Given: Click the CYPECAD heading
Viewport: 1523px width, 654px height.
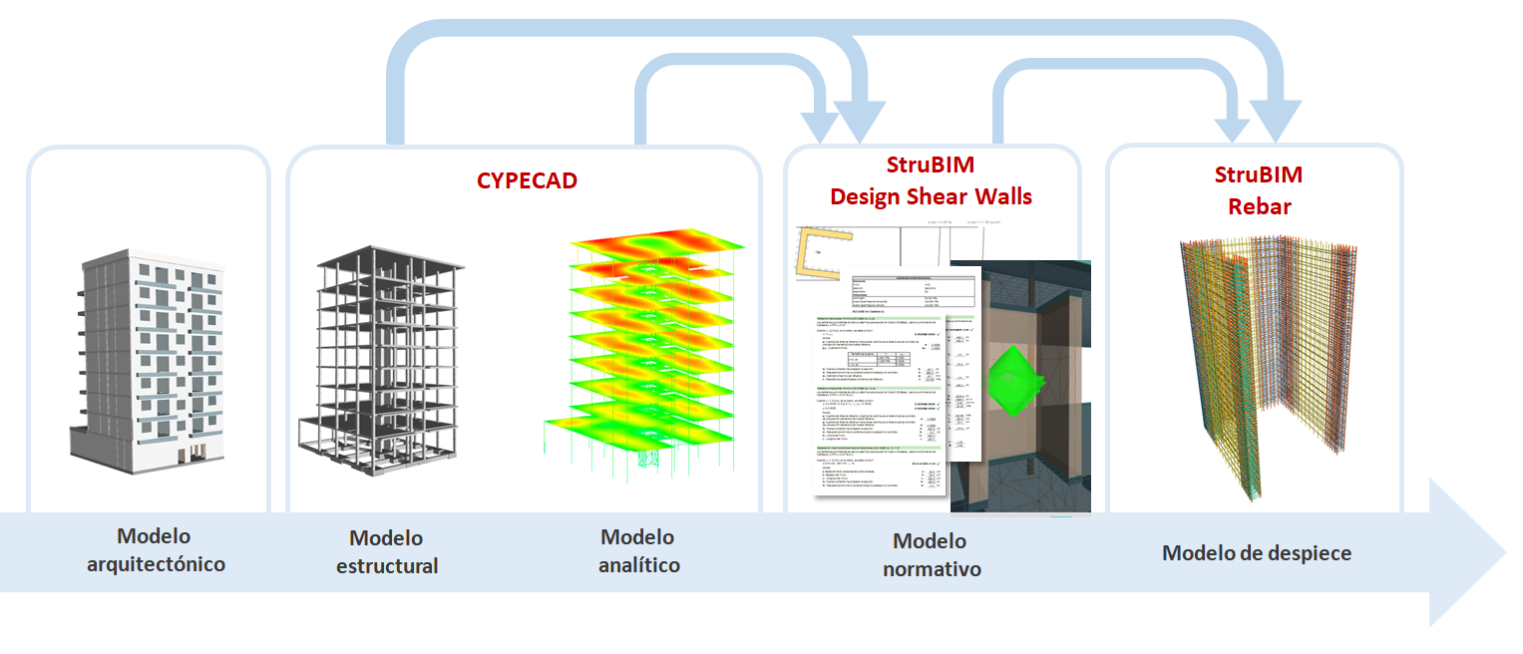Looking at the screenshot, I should [x=527, y=180].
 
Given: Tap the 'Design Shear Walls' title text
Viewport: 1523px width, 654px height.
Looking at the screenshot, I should [x=931, y=196].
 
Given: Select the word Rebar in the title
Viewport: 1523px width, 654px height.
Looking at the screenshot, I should [x=1259, y=206].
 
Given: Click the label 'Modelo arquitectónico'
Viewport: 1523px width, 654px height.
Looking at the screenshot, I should [x=155, y=550].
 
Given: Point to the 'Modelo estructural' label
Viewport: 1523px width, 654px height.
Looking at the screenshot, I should [x=386, y=552].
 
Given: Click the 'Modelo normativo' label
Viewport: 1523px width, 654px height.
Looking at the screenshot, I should [x=930, y=555].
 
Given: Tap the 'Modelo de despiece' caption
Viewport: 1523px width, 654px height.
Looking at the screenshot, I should [x=1257, y=552].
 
